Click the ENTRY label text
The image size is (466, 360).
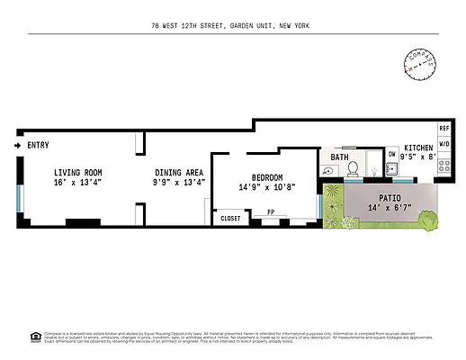38,145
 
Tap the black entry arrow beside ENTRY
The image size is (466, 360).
19,145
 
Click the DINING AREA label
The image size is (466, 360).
178,172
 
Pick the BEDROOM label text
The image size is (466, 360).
267,177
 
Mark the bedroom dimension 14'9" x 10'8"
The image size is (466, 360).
267,187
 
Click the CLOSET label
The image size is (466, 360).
230,218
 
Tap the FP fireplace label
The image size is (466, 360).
270,213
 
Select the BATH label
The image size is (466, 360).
339,157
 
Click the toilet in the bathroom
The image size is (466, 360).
354,168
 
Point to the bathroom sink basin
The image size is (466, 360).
327,169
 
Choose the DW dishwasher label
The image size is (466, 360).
391,155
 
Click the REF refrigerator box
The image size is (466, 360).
444,129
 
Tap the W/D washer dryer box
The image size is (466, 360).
444,143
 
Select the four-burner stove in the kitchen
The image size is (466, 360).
444,167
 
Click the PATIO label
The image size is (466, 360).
390,198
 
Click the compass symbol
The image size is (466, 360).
419,62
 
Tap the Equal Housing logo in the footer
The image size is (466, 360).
35,337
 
